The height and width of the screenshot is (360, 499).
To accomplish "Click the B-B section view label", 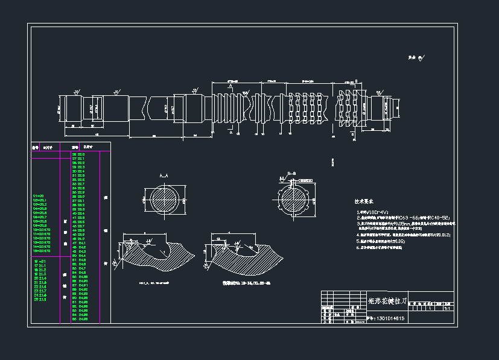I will click(x=291, y=174).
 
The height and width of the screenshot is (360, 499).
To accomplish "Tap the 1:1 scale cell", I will click(x=447, y=308).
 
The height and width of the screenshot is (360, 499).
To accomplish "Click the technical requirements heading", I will click(x=365, y=203).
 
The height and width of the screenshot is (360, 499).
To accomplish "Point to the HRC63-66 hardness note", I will click(x=392, y=217).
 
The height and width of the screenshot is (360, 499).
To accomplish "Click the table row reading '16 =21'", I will click(x=42, y=261).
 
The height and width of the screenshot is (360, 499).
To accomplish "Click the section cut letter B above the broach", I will click(x=356, y=81).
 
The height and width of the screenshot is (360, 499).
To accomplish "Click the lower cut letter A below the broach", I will click(x=231, y=134).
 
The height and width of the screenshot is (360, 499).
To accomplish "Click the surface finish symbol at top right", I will click(x=416, y=58).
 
